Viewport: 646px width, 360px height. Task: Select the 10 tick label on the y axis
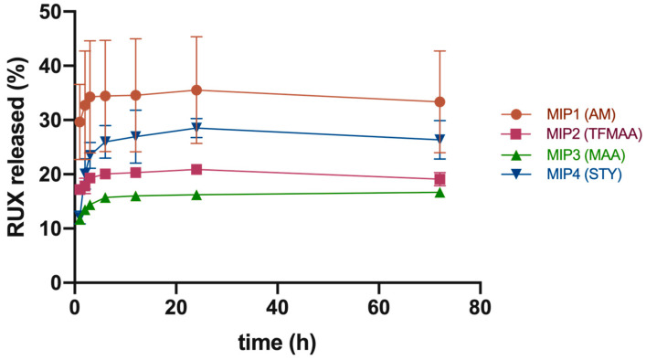(49, 228)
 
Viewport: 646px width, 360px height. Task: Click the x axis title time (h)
(276, 341)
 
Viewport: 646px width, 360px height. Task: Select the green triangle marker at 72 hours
(439, 192)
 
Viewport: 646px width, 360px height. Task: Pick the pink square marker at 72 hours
(439, 179)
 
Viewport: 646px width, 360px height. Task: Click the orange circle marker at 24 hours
(196, 90)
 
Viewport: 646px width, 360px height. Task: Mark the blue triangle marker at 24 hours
(196, 128)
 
